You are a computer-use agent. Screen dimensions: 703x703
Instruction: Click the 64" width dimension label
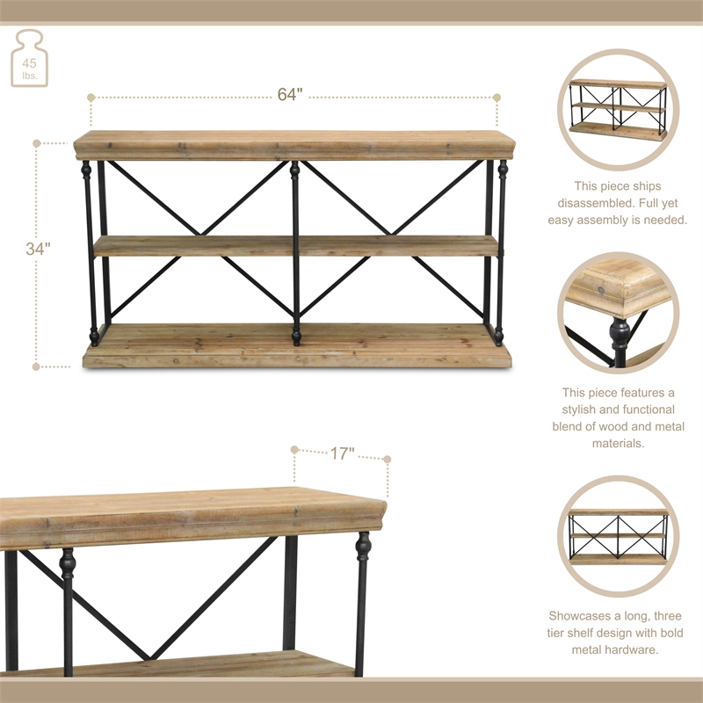tap(290, 96)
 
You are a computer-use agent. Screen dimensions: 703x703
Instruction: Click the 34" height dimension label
tap(38, 249)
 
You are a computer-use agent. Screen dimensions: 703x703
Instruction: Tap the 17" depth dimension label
tap(343, 454)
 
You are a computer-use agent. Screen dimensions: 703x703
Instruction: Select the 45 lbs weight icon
tap(30, 59)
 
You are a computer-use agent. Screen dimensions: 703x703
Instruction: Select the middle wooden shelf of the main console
tap(294, 245)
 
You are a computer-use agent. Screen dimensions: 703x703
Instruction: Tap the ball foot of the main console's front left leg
tap(94, 337)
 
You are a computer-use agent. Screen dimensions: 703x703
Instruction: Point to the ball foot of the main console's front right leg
tap(498, 337)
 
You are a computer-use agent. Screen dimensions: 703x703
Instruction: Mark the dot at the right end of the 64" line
tap(496, 98)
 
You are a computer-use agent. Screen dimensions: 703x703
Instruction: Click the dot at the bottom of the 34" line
tap(37, 366)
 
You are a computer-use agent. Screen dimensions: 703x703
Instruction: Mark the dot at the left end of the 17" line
tap(295, 448)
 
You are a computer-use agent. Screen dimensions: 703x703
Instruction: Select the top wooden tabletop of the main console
tap(294, 145)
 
